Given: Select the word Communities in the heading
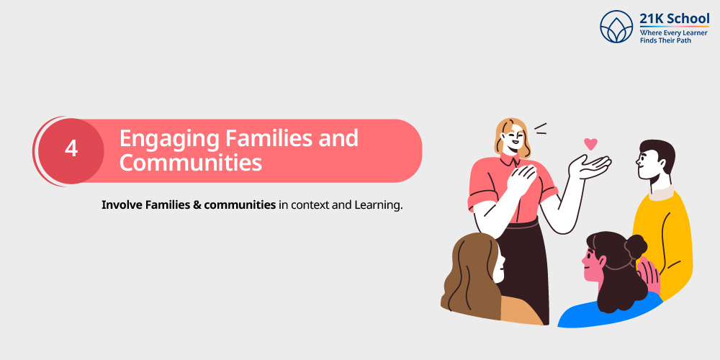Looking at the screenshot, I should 190,163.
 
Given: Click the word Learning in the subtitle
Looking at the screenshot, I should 377,205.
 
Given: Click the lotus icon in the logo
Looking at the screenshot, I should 616,27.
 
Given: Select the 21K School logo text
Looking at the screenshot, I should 674,19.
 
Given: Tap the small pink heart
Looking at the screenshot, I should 590,143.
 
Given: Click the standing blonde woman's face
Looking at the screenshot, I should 513,138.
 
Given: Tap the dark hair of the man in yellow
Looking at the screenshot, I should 659,154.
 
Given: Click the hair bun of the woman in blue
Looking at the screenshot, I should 636,247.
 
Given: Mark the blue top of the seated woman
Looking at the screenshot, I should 605,314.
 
